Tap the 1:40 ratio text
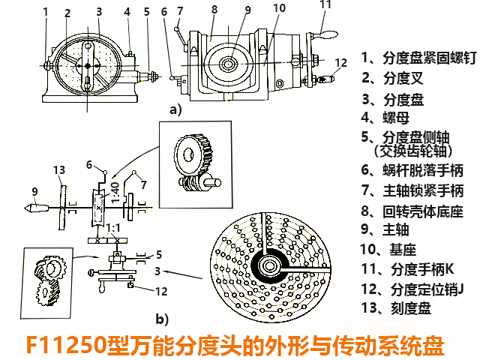[115, 191]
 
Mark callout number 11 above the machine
[325, 4]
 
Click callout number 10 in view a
[279, 7]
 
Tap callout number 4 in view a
[127, 11]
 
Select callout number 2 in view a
[67, 13]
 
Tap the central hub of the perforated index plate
[268, 265]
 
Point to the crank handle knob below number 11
[326, 34]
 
